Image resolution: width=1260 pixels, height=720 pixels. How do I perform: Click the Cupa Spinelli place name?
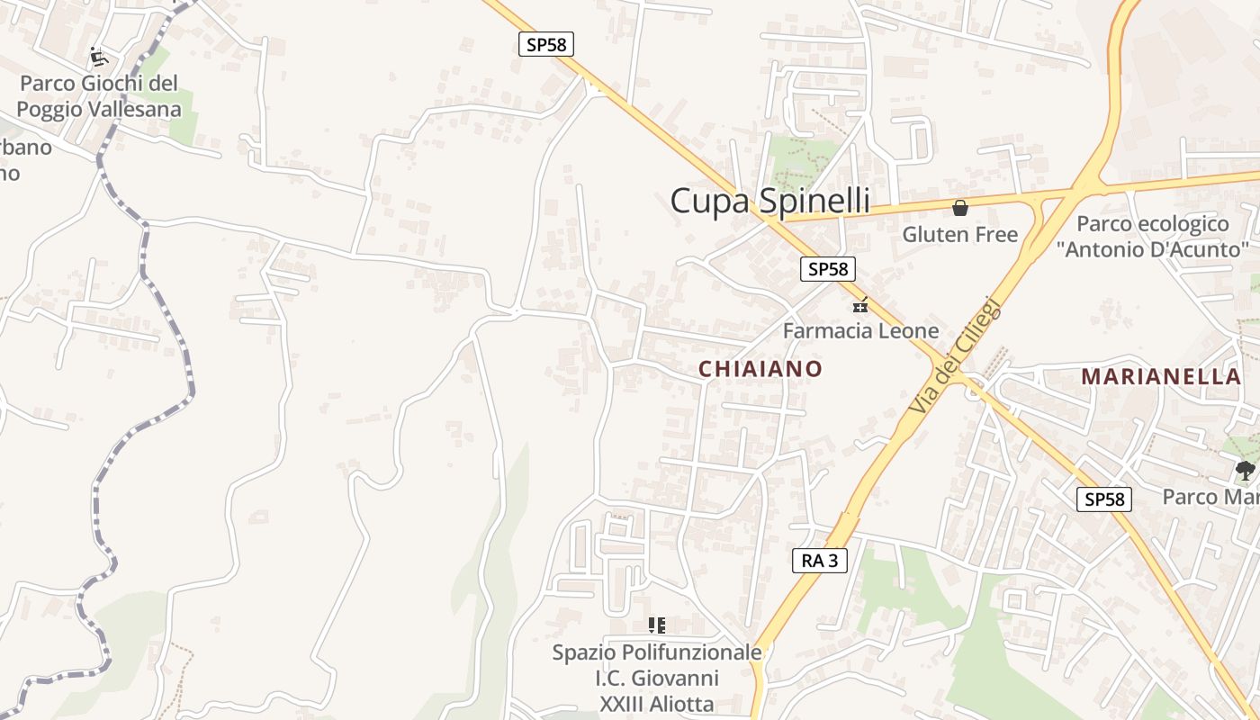tap(769, 201)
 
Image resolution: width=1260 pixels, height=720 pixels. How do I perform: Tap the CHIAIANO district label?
tap(760, 369)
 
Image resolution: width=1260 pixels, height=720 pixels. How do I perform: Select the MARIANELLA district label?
tap(1161, 376)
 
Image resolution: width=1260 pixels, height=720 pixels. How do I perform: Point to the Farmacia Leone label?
tap(860, 330)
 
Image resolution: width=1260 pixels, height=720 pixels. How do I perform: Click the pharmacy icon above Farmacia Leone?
tap(860, 305)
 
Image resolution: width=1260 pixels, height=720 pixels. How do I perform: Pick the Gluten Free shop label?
tap(959, 235)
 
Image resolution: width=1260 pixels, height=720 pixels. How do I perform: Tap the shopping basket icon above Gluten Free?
tap(960, 208)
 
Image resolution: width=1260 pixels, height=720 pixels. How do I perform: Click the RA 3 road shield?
tap(820, 561)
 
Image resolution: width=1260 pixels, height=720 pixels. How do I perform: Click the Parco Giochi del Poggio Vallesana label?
tap(99, 96)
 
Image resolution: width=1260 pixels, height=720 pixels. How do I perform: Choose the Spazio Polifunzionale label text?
tap(657, 652)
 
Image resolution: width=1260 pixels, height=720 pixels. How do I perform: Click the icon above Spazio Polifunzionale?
tap(657, 625)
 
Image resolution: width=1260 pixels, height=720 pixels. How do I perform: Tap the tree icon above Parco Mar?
tap(1246, 469)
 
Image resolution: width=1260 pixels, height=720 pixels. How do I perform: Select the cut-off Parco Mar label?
tap(1210, 497)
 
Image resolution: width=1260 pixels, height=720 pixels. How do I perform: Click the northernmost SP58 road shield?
tap(546, 44)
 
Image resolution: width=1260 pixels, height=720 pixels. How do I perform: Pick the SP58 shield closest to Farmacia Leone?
tap(828, 268)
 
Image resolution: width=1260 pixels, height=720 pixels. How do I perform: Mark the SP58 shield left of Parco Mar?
tap(1104, 499)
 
